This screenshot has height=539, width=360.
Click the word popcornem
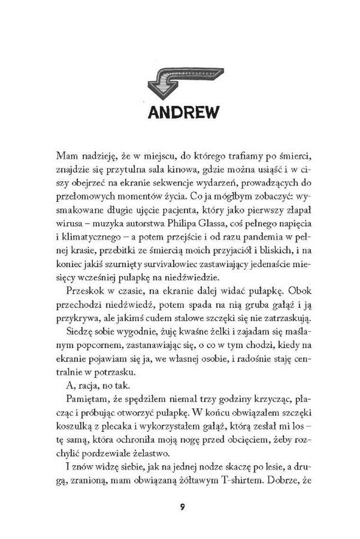tap(93, 355)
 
